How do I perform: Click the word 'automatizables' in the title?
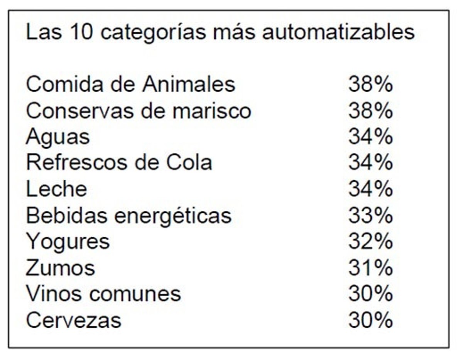pos(338,32)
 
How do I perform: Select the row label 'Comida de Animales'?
pos(130,84)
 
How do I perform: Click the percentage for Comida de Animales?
pos(370,84)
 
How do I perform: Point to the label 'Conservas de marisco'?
pos(139,111)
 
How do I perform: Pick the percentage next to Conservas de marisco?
pos(370,111)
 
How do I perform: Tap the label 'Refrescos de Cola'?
pos(119,163)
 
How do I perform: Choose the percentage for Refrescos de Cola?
pos(370,163)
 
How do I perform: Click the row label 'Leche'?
pos(56,189)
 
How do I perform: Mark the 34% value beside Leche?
pos(370,189)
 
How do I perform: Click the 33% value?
pos(370,215)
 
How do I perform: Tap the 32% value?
pos(370,242)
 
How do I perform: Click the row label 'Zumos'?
pos(60,268)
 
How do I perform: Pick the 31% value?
pos(370,268)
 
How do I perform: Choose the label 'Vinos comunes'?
pos(103,294)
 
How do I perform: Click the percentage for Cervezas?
pos(370,320)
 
